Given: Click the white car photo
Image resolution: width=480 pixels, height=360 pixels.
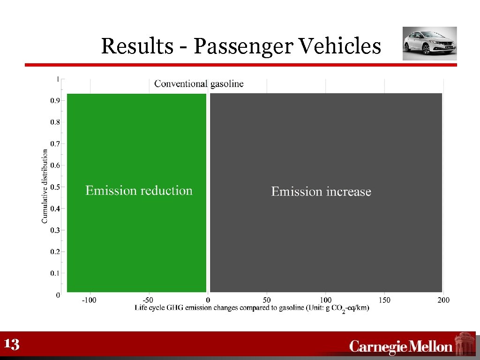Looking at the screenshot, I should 429,44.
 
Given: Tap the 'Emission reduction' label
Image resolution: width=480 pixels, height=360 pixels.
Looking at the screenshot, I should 139,191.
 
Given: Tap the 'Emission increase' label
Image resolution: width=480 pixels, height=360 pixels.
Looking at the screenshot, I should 321,192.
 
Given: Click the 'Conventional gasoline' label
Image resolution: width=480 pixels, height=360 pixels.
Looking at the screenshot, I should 199,84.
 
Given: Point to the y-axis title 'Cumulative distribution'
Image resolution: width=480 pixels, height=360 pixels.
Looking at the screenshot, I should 45,186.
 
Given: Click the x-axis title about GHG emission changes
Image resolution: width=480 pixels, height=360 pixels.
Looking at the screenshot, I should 252,308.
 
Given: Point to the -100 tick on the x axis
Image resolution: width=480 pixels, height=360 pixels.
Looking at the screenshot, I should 89,300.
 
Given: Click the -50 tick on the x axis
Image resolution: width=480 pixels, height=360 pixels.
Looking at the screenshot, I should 148,300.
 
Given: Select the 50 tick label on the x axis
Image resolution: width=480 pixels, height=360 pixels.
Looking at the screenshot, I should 267,300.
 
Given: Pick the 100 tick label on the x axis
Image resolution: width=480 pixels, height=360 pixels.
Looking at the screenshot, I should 326,300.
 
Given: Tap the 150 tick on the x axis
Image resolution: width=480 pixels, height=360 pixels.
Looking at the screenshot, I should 384,300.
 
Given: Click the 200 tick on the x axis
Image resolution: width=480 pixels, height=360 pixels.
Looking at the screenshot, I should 443,300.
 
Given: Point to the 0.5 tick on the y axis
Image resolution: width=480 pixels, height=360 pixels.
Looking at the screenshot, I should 55,187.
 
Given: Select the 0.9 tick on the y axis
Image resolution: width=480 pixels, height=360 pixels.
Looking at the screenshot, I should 55,100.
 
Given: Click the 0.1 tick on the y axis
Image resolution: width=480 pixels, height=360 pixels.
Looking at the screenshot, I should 55,273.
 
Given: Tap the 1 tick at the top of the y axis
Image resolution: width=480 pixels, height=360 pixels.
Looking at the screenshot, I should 58,79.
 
